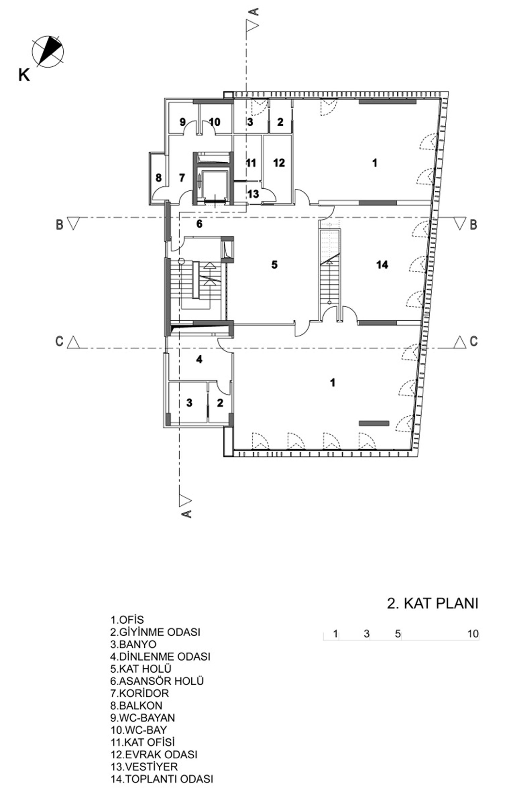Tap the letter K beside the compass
24,75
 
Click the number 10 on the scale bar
473,634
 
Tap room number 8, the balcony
159,178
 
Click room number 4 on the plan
199,359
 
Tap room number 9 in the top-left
182,122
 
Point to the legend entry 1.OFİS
127,620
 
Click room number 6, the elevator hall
199,224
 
